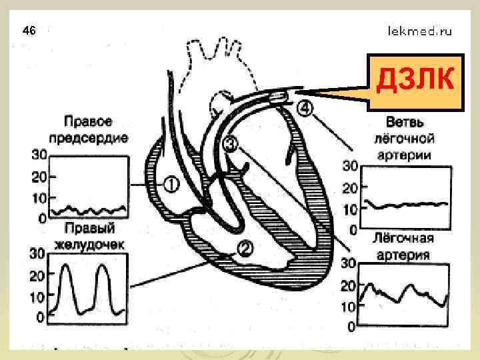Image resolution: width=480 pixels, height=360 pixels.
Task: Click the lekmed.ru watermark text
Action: tap(420, 31)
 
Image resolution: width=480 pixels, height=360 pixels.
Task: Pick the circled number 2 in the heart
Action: tap(245, 249)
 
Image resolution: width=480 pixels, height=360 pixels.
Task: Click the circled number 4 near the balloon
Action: tap(303, 107)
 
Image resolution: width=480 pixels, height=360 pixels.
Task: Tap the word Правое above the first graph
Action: tap(87, 122)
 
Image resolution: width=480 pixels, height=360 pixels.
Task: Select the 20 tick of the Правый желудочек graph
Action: tap(37, 274)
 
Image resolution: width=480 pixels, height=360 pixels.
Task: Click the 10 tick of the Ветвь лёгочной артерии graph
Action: tap(349, 209)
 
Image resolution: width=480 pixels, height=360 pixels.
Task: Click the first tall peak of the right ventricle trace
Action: tap(66, 268)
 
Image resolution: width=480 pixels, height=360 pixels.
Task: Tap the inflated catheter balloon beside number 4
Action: tap(279, 98)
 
